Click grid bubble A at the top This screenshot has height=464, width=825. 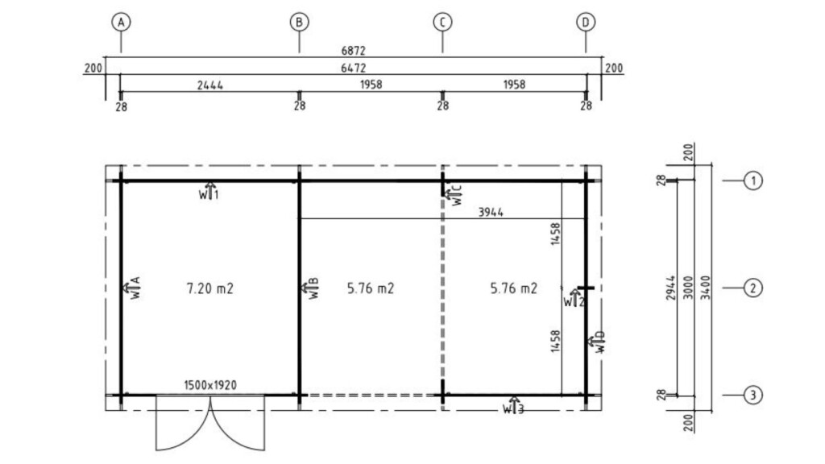coord(121,22)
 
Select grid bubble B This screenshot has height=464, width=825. coord(300,22)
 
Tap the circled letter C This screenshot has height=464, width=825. coord(442,22)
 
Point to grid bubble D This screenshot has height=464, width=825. coord(586,22)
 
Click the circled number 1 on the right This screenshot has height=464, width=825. coord(753,180)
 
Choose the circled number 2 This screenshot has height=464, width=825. coord(753,288)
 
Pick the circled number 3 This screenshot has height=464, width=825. coord(753,395)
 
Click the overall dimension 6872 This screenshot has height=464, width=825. coord(353,51)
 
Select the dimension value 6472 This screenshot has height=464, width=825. coord(353,68)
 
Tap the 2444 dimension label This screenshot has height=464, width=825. coord(210,85)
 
